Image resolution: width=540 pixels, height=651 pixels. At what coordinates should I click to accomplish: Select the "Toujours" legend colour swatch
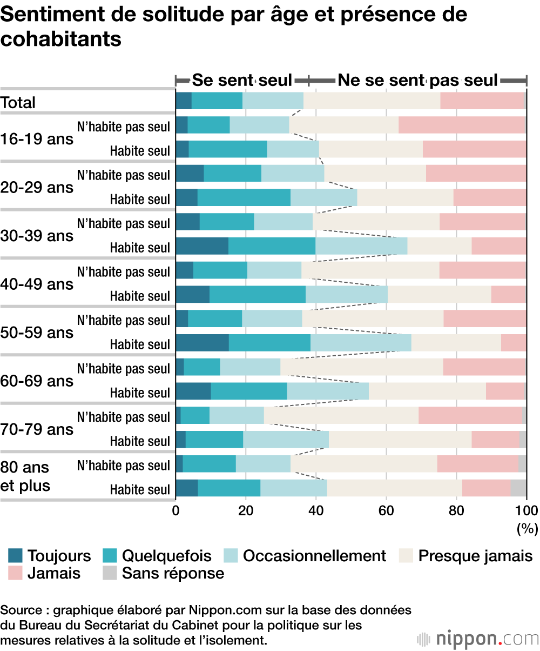[x=15, y=556]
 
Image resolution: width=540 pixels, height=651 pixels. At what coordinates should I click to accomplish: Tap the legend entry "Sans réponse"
[x=173, y=573]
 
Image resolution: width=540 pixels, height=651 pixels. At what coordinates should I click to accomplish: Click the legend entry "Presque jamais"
[x=475, y=556]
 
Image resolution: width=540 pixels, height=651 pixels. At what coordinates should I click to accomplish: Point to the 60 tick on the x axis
[x=386, y=511]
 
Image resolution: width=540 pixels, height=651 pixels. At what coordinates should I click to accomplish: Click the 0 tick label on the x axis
[x=176, y=511]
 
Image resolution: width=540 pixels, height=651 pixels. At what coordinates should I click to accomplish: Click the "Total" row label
[x=18, y=102]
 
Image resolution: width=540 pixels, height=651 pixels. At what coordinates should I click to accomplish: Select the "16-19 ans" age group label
[x=37, y=139]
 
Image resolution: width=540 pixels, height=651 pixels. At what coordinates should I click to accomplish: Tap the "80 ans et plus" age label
[x=25, y=476]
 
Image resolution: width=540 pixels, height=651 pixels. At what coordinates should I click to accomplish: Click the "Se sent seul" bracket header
[x=242, y=81]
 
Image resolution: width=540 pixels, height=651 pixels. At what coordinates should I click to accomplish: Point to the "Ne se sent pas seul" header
[x=417, y=81]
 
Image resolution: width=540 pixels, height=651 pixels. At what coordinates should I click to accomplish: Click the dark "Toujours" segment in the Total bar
[x=184, y=101]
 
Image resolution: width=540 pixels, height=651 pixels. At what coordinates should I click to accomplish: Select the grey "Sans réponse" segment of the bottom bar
[x=518, y=488]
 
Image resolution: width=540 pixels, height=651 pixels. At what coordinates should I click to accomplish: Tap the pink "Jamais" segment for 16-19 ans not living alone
[x=462, y=125]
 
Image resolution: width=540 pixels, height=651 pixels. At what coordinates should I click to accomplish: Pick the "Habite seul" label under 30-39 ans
[x=140, y=248]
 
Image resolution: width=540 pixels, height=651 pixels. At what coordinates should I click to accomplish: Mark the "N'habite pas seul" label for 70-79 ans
[x=124, y=417]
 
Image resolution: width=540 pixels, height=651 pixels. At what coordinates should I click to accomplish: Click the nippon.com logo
[x=478, y=639]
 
